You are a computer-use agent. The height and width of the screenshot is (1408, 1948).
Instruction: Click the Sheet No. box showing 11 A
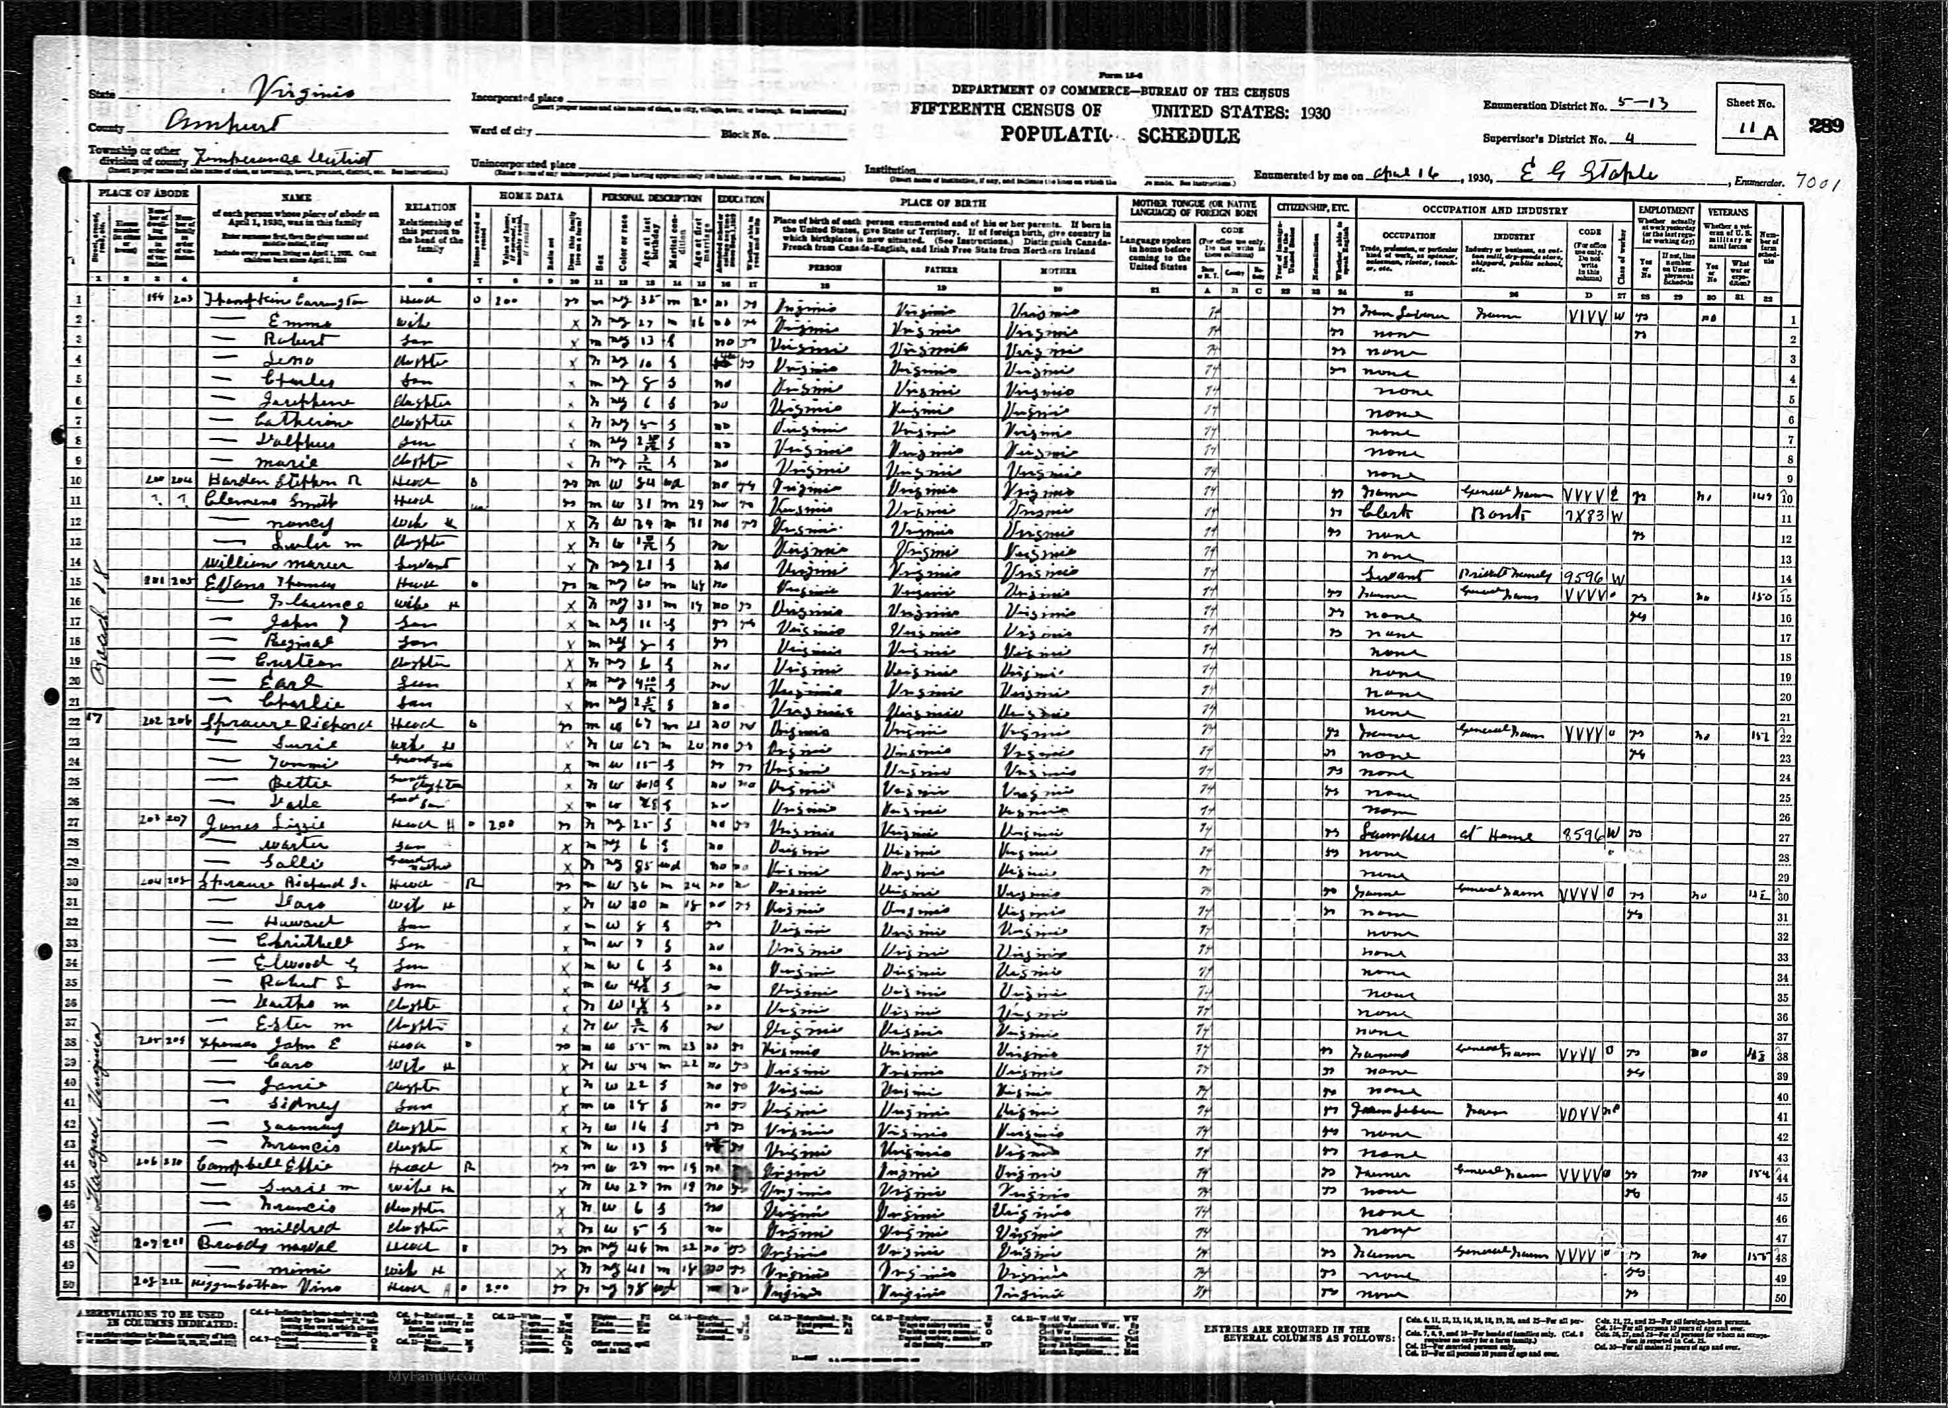pyautogui.click(x=1749, y=132)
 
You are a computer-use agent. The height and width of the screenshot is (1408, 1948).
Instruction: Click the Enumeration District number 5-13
pyautogui.click(x=1642, y=103)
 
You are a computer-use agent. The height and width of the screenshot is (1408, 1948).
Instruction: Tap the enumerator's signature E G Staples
pyautogui.click(x=1589, y=175)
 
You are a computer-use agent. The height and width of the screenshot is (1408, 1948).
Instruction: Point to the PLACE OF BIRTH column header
pyautogui.click(x=942, y=202)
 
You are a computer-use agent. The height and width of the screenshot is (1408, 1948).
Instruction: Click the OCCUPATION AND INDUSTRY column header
pyautogui.click(x=1495, y=210)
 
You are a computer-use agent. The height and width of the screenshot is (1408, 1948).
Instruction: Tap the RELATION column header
pyautogui.click(x=429, y=207)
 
